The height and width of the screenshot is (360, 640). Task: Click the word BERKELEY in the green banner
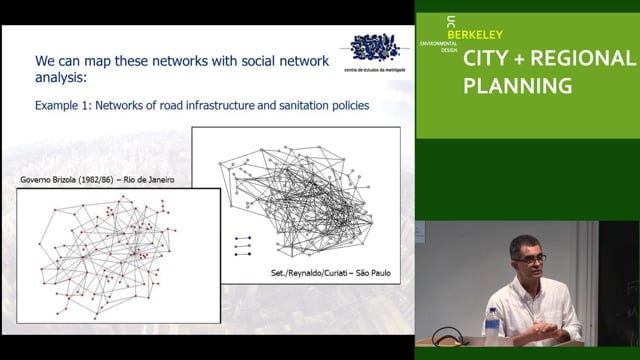pos(475,35)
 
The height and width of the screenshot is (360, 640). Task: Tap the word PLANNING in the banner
pos(517,86)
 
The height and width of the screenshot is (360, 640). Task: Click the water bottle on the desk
pos(491,325)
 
